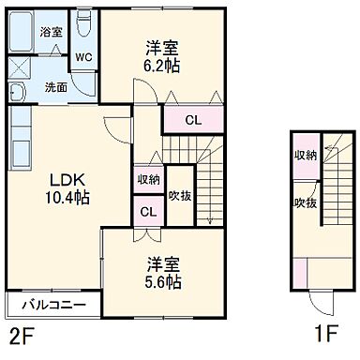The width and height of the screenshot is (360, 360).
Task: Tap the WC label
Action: pyautogui.click(x=82, y=54)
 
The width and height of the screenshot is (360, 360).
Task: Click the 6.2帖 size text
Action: pyautogui.click(x=160, y=67)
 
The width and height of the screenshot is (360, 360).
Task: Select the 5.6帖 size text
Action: pyautogui.click(x=161, y=281)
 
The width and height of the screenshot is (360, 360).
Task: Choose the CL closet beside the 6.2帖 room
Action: pyautogui.click(x=191, y=120)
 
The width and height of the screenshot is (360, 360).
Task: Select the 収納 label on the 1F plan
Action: pyautogui.click(x=305, y=156)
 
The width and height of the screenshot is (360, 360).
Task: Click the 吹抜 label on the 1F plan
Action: pyautogui.click(x=305, y=202)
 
